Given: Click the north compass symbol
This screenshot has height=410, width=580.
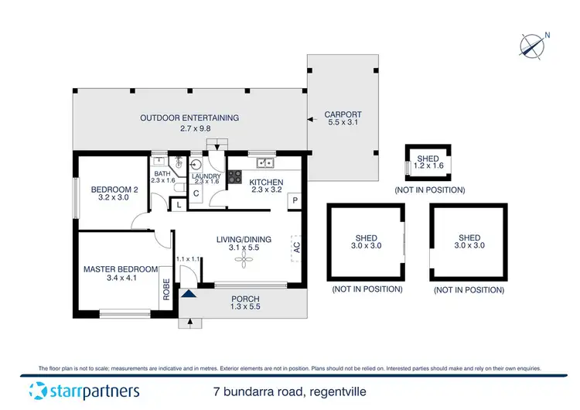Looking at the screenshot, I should (x=533, y=46).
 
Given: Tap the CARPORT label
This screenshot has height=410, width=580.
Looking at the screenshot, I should (x=343, y=115).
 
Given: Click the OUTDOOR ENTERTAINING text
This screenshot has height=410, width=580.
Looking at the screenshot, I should (x=189, y=118).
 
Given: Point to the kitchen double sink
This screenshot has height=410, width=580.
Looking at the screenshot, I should (x=265, y=162).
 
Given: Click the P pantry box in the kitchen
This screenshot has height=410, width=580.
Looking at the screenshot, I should (x=295, y=200).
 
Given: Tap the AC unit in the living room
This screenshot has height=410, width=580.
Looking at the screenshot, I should (x=295, y=247).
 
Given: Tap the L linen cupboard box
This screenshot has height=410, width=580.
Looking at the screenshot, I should (x=179, y=205).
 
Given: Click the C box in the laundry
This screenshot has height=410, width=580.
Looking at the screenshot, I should (x=196, y=193).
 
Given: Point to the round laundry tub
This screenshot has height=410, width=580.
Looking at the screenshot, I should (x=195, y=165).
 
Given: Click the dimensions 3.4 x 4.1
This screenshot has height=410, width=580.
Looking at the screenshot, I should (x=121, y=278).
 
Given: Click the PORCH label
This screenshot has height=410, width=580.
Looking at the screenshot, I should (x=245, y=299).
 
